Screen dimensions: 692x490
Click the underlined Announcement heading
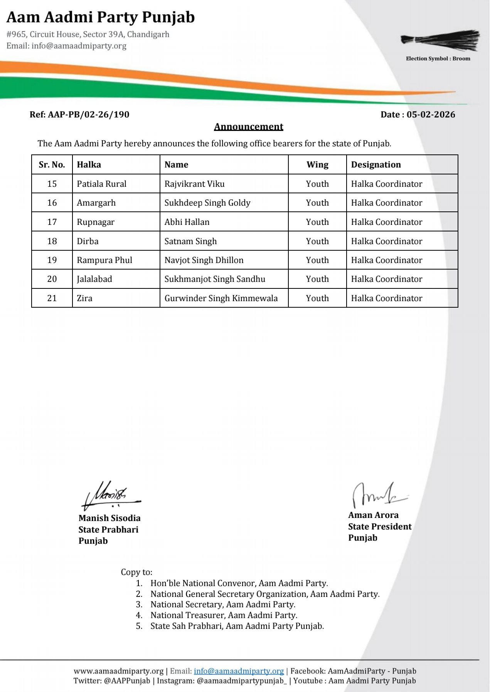click(x=249, y=127)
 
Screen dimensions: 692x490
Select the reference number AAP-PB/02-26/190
click(x=88, y=114)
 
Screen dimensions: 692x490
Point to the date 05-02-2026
click(x=431, y=114)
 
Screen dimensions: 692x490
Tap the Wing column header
click(x=317, y=165)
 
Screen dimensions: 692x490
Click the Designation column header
click(x=376, y=165)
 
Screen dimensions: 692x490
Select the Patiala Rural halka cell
click(x=101, y=184)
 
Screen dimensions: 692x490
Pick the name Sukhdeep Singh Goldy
click(x=207, y=203)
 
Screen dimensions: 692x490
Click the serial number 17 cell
click(x=52, y=222)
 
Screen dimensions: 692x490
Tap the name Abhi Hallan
click(x=187, y=222)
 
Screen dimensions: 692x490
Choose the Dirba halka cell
click(x=88, y=241)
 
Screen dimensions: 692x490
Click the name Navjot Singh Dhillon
click(x=204, y=260)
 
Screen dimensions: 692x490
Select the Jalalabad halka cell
click(x=94, y=279)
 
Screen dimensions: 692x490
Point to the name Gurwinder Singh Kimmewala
click(x=221, y=298)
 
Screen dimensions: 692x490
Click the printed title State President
click(x=380, y=526)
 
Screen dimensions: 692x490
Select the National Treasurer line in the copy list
click(x=224, y=615)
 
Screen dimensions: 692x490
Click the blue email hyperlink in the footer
click(x=239, y=671)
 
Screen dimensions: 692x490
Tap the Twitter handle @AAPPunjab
click(x=127, y=681)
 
